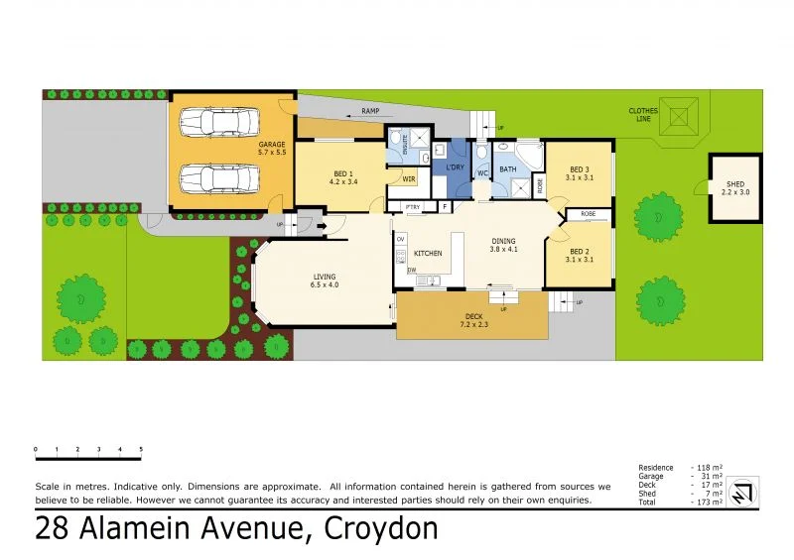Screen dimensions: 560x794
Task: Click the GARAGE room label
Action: (272, 144)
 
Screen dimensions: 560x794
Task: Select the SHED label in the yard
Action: (734, 184)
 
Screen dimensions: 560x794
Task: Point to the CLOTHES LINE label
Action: (642, 115)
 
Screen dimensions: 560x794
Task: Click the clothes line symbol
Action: (679, 116)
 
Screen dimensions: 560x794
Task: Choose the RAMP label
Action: (371, 112)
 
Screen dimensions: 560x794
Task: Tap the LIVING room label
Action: (325, 277)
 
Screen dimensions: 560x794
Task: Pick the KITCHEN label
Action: (428, 254)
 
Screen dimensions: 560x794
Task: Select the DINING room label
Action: (505, 241)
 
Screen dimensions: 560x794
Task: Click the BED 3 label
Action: (579, 169)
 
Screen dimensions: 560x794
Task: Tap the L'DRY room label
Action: (456, 167)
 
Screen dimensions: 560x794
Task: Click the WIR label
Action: (408, 179)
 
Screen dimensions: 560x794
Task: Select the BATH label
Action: (508, 169)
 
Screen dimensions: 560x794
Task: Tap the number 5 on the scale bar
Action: (141, 450)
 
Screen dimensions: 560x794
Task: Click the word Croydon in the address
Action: (380, 528)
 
